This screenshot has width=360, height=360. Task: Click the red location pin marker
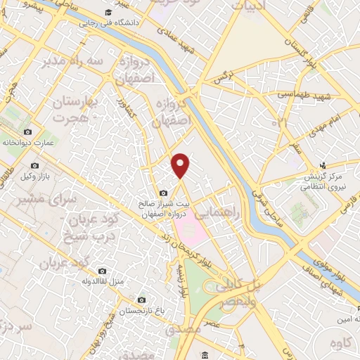tap(181, 165)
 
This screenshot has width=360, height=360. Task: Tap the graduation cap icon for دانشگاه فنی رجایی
tap(108, 13)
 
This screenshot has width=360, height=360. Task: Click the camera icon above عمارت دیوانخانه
tap(27, 131)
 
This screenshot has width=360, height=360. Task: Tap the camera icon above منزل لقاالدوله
tap(102, 271)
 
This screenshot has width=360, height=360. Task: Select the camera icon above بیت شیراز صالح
tap(163, 193)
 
